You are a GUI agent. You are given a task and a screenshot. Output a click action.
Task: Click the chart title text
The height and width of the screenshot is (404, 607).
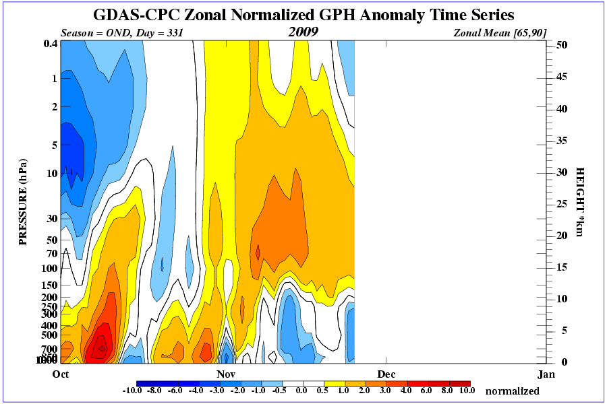[303, 15]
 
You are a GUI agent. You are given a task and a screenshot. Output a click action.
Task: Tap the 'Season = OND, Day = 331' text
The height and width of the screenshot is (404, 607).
[121, 32]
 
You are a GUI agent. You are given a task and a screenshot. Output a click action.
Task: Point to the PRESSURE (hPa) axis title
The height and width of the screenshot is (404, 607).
[23, 201]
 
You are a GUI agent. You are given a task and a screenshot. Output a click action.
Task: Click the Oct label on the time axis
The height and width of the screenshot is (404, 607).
[61, 374]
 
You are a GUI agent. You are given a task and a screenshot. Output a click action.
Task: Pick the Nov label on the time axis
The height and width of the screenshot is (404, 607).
[225, 374]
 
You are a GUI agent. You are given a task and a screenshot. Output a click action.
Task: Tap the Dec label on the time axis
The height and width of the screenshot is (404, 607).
[386, 374]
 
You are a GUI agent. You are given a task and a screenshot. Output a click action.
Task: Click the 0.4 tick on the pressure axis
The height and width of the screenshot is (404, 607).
[49, 44]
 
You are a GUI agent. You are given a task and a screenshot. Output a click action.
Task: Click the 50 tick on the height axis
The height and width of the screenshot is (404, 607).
[560, 45]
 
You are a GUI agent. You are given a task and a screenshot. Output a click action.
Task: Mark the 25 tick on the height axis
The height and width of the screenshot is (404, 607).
[560, 203]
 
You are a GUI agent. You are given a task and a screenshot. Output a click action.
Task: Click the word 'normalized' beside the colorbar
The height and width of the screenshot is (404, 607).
[513, 391]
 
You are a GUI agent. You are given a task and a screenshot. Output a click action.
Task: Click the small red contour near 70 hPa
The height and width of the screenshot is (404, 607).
[258, 252]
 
